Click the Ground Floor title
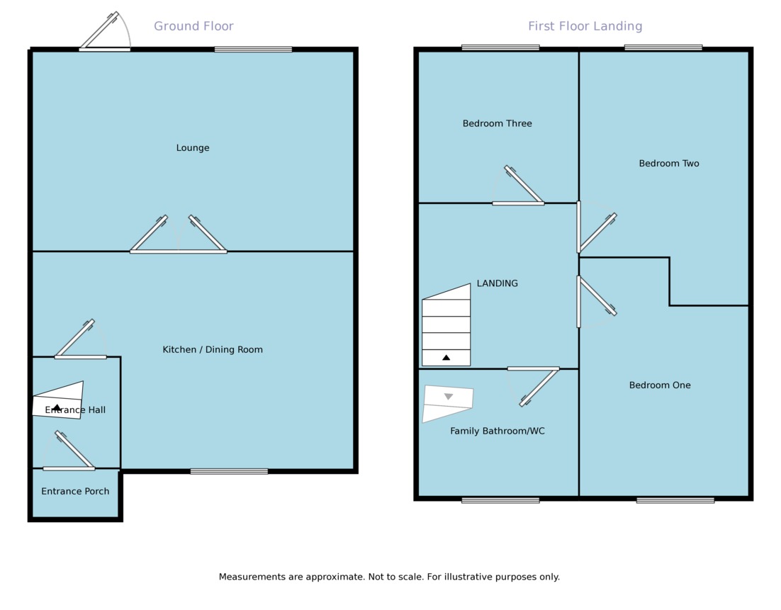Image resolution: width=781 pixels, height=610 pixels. coord(193,26)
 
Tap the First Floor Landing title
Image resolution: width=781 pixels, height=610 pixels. coord(585,26)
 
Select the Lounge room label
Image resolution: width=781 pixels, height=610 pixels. coord(193,148)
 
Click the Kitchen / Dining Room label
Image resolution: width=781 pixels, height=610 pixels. coord(213,349)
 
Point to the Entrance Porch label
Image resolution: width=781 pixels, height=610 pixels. coord(75,491)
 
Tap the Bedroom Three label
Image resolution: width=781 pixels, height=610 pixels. coord(497,123)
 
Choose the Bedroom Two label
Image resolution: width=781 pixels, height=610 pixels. coord(668,164)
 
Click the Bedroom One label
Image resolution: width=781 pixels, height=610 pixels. coord(659,385)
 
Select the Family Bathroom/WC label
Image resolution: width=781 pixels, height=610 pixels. coord(497,431)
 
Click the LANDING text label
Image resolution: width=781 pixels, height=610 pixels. coord(497,283)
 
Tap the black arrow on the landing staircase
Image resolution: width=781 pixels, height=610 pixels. coord(446,358)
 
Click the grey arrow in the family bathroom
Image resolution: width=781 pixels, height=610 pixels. coord(448,397)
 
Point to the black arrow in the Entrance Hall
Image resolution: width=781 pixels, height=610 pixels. coord(57,407)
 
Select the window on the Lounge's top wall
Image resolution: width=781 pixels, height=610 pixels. coord(253,49)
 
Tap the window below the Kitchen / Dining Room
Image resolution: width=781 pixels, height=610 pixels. coord(229,471)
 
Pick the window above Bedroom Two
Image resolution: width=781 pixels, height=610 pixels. coord(663,47)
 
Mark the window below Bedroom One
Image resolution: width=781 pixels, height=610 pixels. coord(675,500)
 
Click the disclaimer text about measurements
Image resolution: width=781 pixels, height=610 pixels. coord(389,577)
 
